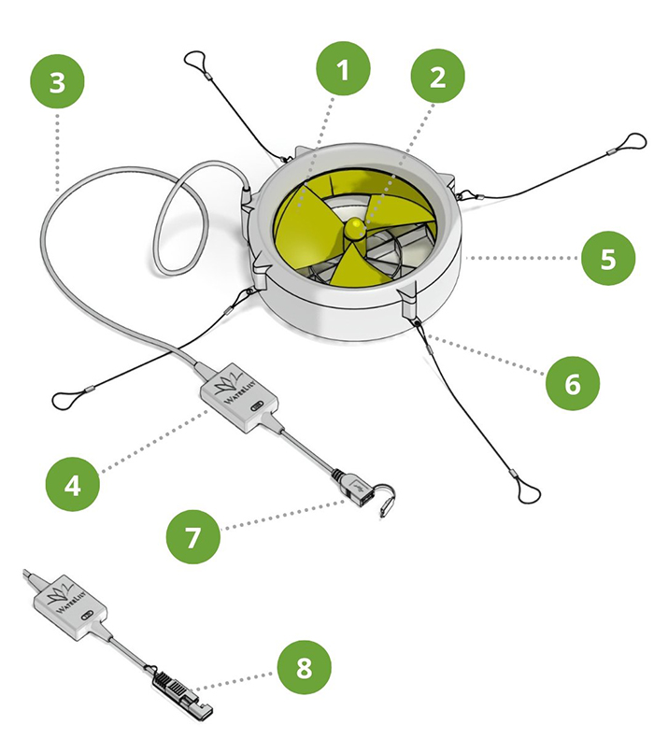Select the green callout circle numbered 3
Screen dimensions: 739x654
tap(57, 81)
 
